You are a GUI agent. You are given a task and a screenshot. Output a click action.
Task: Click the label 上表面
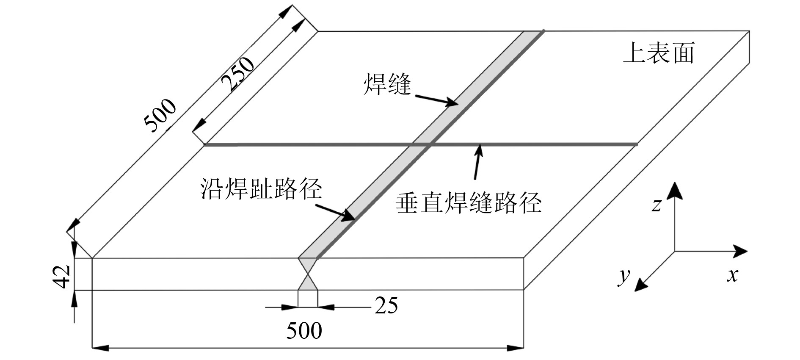tap(659, 54)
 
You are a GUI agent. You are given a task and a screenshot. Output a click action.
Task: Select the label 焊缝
tap(387, 84)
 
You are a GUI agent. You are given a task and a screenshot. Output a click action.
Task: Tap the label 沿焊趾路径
tap(261, 188)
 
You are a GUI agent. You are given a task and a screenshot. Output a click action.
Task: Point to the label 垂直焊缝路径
tap(469, 202)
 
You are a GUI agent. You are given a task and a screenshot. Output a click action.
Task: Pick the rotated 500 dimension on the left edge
tap(160, 115)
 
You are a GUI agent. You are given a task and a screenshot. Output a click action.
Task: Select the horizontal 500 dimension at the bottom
tap(304, 331)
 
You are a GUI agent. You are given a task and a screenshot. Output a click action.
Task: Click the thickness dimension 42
tap(63, 277)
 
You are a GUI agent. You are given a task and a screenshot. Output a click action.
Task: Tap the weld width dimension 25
tap(386, 305)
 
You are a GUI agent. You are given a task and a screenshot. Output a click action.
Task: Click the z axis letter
tap(656, 205)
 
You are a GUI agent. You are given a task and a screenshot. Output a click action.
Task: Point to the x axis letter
tap(732, 275)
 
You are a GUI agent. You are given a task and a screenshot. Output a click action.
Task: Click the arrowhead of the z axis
tap(674, 190)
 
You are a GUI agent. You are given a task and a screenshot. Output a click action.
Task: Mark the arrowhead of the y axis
tap(641, 285)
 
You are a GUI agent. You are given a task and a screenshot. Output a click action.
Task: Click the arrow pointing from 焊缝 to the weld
tap(436, 100)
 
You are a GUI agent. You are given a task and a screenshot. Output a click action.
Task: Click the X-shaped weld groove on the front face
tap(308, 274)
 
